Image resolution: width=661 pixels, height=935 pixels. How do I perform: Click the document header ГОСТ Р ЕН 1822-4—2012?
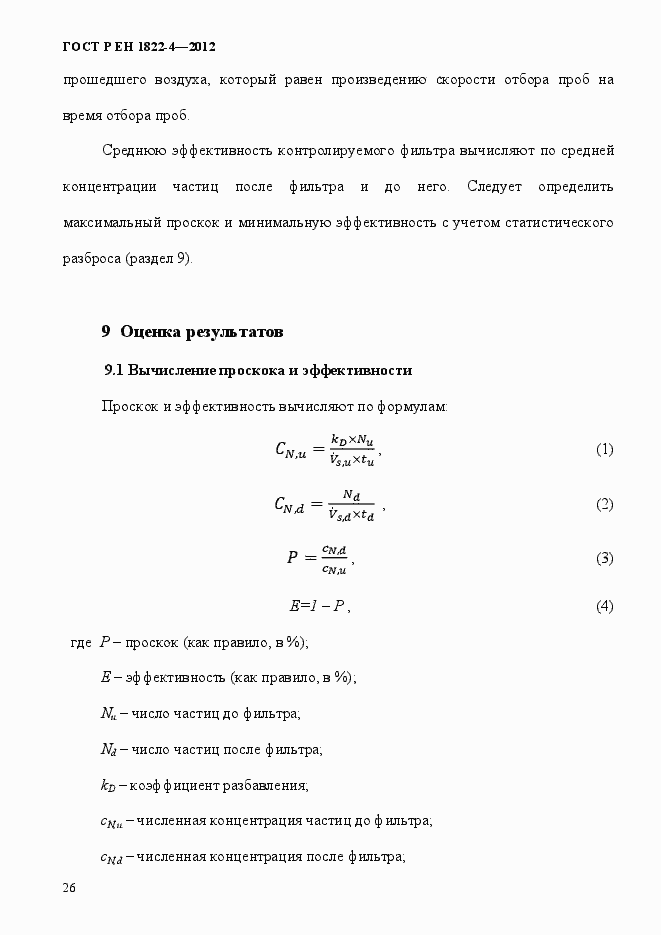[x=139, y=47]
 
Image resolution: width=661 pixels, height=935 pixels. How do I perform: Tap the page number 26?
[x=69, y=888]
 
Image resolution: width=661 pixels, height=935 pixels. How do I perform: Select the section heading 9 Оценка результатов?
[x=193, y=331]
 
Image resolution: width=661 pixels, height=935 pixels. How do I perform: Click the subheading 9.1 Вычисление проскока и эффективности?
[x=258, y=370]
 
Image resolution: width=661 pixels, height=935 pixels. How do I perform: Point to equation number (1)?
[x=604, y=449]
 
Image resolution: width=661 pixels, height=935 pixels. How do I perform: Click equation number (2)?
[x=604, y=504]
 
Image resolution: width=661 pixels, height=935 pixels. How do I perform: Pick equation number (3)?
[x=604, y=558]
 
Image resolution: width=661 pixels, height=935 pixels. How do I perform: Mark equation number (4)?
[x=604, y=606]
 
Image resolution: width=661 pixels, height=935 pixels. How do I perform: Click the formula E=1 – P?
[x=318, y=606]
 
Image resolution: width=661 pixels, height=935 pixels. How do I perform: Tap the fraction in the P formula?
[x=334, y=559]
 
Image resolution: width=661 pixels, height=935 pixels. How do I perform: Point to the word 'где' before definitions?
[x=81, y=642]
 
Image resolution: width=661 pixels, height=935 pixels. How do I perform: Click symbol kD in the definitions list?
[x=109, y=785]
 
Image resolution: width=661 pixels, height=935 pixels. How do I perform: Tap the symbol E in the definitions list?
[x=105, y=677]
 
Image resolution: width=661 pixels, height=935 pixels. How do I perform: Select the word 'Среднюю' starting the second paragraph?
[x=134, y=151]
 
